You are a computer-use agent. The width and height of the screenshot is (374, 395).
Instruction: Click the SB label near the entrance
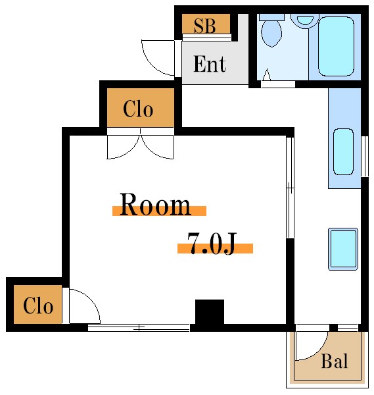pyautogui.click(x=205, y=26)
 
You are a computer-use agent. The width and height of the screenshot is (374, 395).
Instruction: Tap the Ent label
pyautogui.click(x=210, y=64)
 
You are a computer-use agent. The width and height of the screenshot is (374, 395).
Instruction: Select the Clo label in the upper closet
pyautogui.click(x=138, y=109)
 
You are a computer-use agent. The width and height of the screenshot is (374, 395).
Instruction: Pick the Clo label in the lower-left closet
pyautogui.click(x=38, y=306)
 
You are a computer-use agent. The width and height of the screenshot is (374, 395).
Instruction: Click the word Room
pyautogui.click(x=155, y=205)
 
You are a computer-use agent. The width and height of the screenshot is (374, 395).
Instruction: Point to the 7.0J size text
pyautogui.click(x=212, y=244)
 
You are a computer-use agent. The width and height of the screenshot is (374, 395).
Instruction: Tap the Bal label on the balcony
pyautogui.click(x=335, y=361)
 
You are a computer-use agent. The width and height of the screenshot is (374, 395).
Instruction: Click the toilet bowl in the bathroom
pyautogui.click(x=270, y=32)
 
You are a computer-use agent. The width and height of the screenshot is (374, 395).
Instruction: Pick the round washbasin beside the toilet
pyautogui.click(x=304, y=18)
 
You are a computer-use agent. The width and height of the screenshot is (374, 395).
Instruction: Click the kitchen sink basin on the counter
pyautogui.click(x=344, y=151)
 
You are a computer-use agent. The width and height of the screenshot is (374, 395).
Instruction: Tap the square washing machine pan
pyautogui.click(x=342, y=249)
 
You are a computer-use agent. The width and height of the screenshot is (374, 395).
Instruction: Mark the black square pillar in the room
pyautogui.click(x=209, y=311)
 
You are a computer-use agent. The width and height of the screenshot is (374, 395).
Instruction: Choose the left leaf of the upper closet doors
pyautogui.click(x=123, y=145)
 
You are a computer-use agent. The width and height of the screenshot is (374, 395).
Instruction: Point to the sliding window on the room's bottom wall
pyautogui.click(x=139, y=327)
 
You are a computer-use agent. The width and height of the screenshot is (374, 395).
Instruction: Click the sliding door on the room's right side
pyautogui.click(x=289, y=188)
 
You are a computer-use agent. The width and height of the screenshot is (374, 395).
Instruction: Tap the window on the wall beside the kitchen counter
pyautogui.click(x=365, y=155)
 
